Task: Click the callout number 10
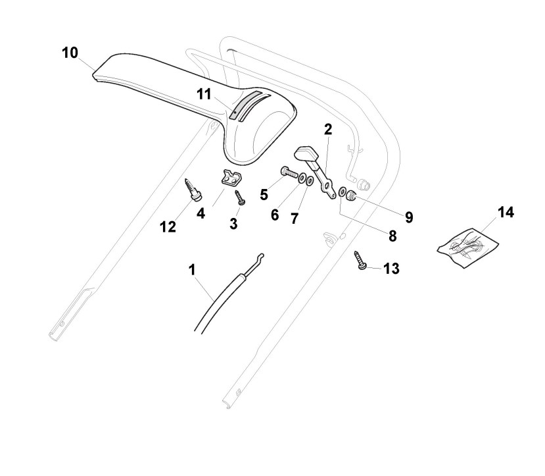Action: tap(70, 53)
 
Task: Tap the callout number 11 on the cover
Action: tap(204, 94)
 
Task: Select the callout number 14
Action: tap(506, 213)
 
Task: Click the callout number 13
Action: tap(391, 269)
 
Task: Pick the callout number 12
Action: tap(168, 226)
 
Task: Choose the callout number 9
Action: tap(408, 217)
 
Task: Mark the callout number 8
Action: tap(392, 234)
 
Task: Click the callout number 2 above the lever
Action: tap(327, 130)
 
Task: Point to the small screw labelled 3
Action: tap(239, 197)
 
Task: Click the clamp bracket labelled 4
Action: tap(228, 178)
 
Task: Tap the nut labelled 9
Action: tap(353, 196)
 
